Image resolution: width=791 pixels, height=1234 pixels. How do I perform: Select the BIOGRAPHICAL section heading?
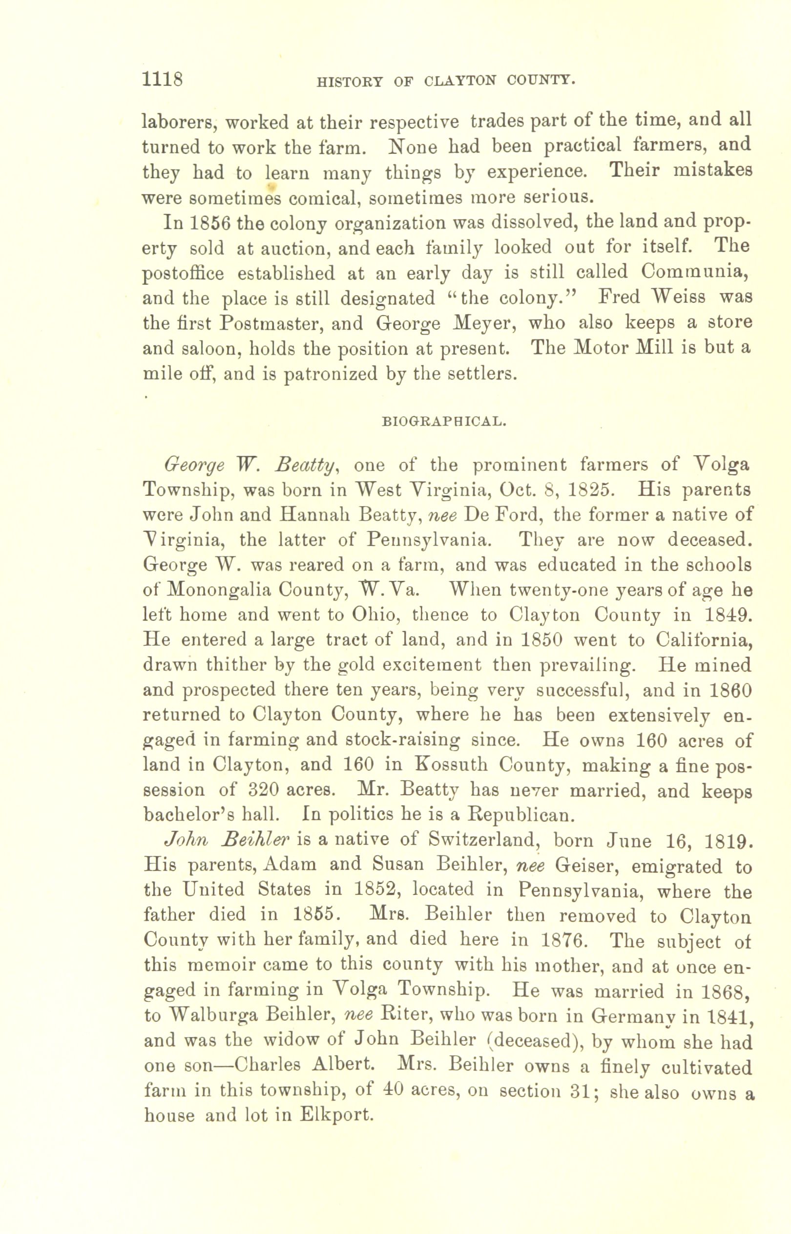tap(445, 422)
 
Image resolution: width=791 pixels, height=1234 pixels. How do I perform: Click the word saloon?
tap(211, 348)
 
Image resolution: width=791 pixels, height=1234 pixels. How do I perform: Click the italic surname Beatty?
tap(305, 465)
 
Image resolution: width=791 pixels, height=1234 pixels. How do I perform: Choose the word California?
tap(704, 640)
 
